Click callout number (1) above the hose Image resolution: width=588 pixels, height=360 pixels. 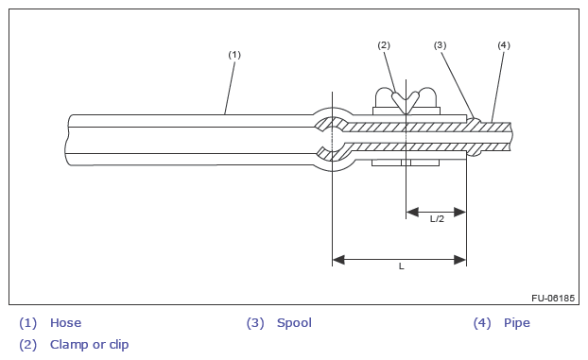click(234, 55)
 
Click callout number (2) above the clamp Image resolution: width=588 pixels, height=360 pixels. click(384, 45)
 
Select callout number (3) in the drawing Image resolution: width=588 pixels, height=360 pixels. click(440, 45)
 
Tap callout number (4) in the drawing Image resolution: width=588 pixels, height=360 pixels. click(504, 45)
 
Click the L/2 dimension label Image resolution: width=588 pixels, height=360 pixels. click(437, 219)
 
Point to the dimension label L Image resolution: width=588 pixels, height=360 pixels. click(401, 266)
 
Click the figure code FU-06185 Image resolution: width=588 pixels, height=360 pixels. click(553, 299)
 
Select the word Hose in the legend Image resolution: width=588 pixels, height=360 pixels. click(65, 323)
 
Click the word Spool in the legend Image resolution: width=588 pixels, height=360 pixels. click(294, 323)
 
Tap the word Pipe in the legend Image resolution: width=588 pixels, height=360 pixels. click(517, 323)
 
